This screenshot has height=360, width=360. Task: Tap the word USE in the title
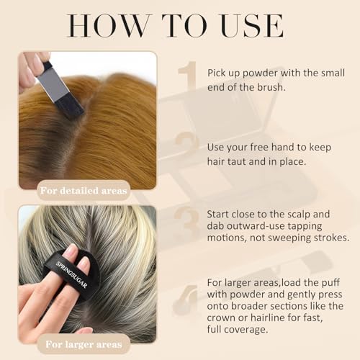click(252, 26)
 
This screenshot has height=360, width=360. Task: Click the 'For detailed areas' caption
click(84, 191)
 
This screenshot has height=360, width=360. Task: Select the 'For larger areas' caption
click(84, 344)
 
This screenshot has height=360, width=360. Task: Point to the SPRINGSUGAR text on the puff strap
click(71, 274)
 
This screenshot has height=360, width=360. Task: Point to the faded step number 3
click(187, 219)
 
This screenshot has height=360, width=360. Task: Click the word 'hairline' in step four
click(267, 318)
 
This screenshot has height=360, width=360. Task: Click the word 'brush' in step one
click(271, 87)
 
